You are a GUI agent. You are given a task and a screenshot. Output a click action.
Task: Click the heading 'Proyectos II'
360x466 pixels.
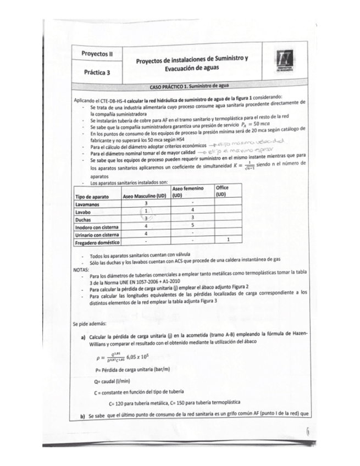[x=97, y=54]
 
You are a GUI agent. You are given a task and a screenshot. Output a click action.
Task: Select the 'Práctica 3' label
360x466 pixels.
[x=97, y=71]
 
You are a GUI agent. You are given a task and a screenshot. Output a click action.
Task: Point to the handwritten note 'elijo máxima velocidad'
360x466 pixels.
[x=242, y=141]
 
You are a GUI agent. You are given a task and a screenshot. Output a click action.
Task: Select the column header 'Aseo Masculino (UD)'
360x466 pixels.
[x=145, y=196]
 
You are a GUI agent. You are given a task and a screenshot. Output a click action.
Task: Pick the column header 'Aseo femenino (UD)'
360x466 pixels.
[x=192, y=192]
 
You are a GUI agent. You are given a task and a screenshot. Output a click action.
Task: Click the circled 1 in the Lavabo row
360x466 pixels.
[x=146, y=211]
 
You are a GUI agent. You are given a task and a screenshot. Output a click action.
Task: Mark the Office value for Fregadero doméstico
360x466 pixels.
[x=228, y=241]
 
